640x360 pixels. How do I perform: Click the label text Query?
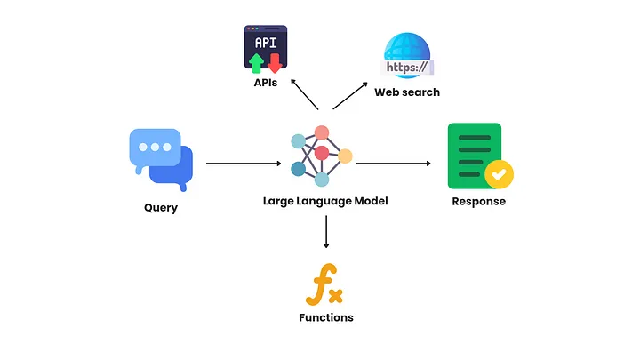click(160, 208)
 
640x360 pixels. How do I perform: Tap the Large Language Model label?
click(325, 201)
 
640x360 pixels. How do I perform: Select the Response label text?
click(477, 201)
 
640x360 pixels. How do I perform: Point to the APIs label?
click(265, 83)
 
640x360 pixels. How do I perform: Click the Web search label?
click(406, 92)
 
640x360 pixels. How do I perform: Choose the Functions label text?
click(325, 317)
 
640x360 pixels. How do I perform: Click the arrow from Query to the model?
click(243, 164)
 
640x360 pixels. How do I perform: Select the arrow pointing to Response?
click(394, 164)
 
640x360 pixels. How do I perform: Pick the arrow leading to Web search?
click(350, 96)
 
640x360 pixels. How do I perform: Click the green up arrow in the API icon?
click(256, 62)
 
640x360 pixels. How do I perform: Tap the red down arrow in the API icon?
click(275, 62)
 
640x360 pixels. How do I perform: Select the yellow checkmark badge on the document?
click(499, 173)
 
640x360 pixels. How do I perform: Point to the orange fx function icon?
click(325, 285)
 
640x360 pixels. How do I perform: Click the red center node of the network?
click(322, 153)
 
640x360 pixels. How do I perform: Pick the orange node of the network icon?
click(345, 156)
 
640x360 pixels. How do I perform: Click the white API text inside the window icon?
click(265, 43)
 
